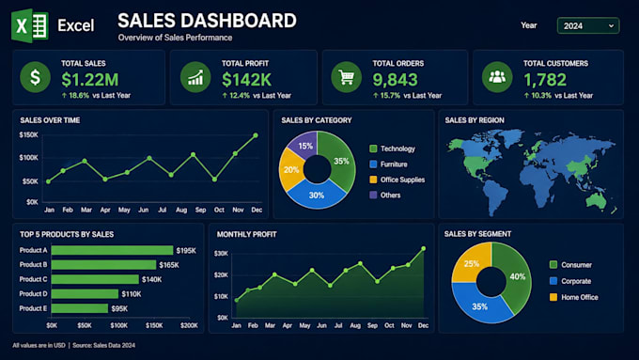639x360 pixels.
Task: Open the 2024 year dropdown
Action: point(588,25)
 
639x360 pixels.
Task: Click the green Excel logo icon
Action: point(30,25)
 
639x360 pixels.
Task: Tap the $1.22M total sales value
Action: point(90,80)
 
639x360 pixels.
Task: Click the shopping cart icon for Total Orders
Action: point(347,77)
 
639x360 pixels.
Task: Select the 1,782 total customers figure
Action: point(545,80)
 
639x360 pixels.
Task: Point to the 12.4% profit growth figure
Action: point(240,95)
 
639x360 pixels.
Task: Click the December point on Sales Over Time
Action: point(256,135)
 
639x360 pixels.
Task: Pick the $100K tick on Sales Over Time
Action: point(28,158)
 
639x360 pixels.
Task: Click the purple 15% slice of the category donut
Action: point(304,144)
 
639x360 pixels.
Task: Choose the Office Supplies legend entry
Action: point(397,180)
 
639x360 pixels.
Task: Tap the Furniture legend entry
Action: point(388,164)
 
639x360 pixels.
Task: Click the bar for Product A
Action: point(112,250)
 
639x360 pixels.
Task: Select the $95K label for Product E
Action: point(119,308)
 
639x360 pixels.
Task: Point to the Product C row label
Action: point(34,279)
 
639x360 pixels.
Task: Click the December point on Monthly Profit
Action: point(424,248)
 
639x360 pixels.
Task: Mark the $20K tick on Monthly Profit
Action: point(221,275)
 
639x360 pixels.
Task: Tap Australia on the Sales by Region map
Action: point(596,200)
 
